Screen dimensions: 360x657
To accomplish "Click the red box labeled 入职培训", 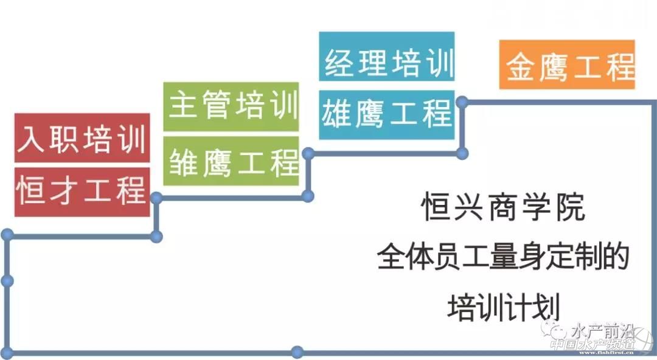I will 82,139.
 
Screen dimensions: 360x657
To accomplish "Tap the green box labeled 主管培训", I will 232,106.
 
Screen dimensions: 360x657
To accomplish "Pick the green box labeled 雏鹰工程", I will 232,162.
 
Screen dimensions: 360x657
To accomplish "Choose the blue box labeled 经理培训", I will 387,63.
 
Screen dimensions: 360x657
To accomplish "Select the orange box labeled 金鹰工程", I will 567,65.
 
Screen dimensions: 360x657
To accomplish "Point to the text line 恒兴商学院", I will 502,207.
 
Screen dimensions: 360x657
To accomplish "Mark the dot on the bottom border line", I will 297,351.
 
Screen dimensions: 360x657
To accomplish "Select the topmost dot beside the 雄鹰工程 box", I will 462,102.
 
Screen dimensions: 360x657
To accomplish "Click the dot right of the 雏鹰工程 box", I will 308,153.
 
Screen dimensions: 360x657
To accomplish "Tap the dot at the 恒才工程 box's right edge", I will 156,198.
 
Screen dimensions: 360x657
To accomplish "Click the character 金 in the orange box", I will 520,66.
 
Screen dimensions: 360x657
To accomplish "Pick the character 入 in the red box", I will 31,139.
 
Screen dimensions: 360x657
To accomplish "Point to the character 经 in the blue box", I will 338,64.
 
